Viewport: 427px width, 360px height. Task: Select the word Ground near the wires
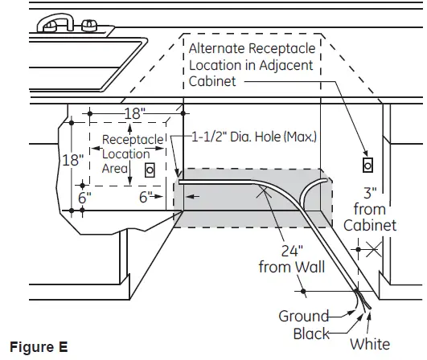click(x=303, y=316)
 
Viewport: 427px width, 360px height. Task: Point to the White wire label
click(x=370, y=344)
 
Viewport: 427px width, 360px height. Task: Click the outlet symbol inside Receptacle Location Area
click(x=149, y=171)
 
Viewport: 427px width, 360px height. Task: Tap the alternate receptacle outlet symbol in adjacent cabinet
click(x=367, y=165)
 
